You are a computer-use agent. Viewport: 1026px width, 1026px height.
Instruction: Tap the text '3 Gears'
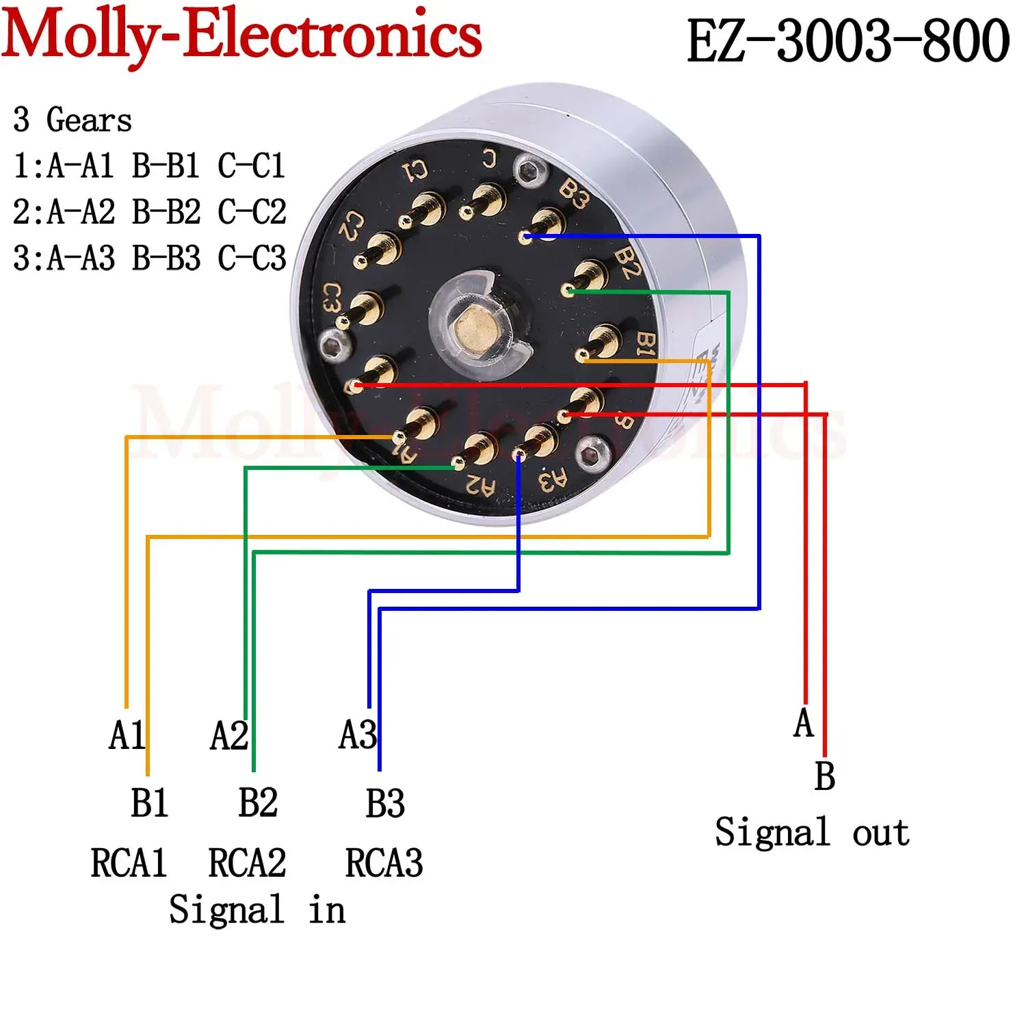(x=72, y=120)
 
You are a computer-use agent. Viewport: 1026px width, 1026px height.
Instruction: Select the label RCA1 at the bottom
(x=129, y=863)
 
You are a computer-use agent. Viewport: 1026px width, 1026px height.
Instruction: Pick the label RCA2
(x=247, y=863)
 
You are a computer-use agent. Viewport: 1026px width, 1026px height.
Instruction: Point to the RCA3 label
(x=384, y=863)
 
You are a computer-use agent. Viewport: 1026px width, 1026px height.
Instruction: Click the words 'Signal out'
(x=812, y=832)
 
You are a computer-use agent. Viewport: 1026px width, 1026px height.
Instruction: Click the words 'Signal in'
(x=256, y=910)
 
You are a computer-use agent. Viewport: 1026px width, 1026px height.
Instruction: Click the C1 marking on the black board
(x=415, y=170)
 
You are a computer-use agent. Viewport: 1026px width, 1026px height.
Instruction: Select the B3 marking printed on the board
(x=573, y=194)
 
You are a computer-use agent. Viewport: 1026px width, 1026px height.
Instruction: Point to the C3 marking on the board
(x=332, y=298)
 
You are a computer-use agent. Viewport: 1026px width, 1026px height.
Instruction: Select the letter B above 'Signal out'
(x=824, y=776)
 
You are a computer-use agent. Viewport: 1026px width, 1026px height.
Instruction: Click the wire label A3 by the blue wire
(x=357, y=735)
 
